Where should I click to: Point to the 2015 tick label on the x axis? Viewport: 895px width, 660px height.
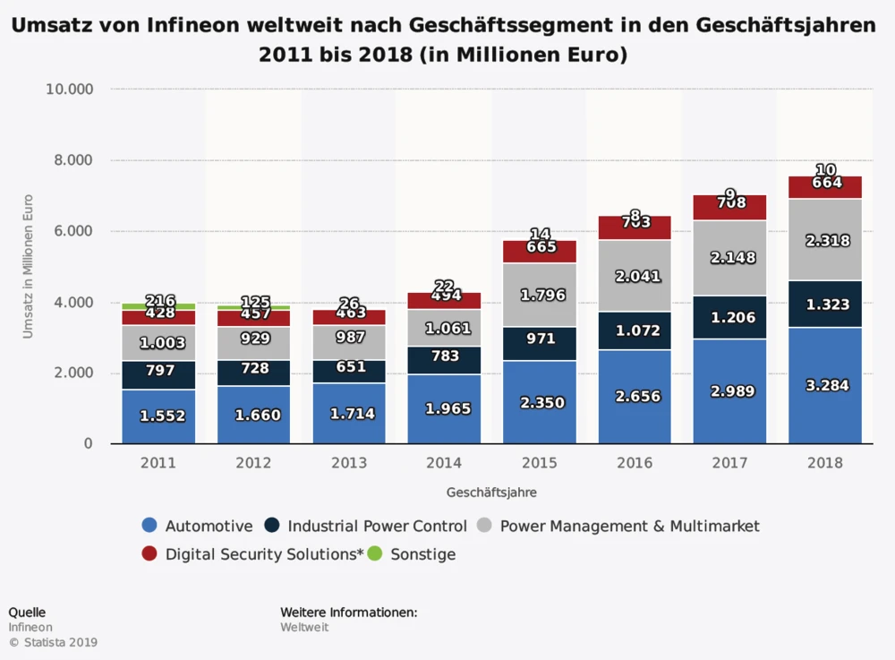point(539,463)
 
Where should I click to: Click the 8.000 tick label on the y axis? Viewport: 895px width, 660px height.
point(69,161)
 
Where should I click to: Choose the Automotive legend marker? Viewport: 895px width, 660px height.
point(150,527)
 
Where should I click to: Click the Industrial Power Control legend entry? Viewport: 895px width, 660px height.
point(377,527)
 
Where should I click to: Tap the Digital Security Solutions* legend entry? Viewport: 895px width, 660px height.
point(264,554)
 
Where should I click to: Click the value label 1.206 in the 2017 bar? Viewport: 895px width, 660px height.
point(729,317)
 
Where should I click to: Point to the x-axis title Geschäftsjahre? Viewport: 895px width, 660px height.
point(491,493)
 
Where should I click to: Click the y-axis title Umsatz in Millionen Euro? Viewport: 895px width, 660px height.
point(28,266)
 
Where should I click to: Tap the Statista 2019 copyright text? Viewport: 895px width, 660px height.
point(53,642)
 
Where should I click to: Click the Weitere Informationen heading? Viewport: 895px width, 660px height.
point(349,613)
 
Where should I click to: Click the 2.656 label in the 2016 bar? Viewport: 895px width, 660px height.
point(634,396)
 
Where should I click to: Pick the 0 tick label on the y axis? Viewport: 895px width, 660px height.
point(89,444)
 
